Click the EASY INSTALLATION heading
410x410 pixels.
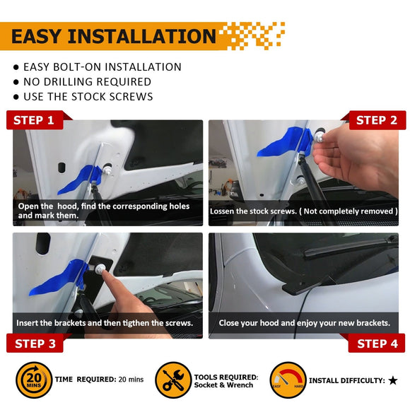113,36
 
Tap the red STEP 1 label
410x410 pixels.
34,120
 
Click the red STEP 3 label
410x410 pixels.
34,344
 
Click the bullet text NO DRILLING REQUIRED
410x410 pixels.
87,82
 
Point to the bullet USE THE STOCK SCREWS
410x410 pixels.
88,97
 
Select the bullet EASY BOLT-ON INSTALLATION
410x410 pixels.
102,67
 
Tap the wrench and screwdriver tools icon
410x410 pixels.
173,380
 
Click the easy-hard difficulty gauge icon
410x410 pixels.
287,380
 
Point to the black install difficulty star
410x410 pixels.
392,380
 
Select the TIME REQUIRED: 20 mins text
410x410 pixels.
99,380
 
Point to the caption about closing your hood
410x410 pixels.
304,322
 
